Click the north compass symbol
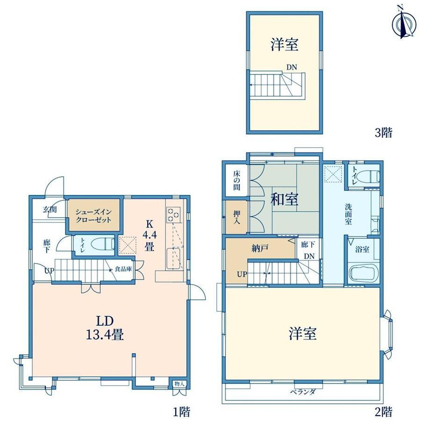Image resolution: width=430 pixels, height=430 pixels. tap(404, 24)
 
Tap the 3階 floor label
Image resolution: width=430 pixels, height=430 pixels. tap(383, 133)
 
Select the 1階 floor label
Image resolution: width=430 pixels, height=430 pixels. tap(181, 412)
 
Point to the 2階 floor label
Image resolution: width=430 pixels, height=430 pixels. tap(383, 412)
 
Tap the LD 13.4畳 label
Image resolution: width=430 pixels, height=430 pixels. tap(105, 328)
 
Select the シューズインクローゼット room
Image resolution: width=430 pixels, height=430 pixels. tap(94, 215)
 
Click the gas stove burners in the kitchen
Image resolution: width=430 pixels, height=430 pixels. tap(173, 215)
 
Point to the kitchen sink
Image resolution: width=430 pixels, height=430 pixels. tap(173, 258)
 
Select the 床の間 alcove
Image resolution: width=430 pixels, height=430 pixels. tap(236, 180)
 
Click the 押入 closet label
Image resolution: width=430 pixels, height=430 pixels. tap(236, 217)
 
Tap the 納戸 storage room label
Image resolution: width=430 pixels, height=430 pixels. tap(259, 249)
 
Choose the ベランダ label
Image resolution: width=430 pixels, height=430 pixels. tap(303, 392)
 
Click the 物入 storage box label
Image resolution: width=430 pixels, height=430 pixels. tap(179, 384)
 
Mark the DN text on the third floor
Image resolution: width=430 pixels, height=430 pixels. tap(292, 67)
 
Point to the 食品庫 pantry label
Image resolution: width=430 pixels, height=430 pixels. tap(123, 269)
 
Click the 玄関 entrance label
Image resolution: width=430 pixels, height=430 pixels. tap(50, 209)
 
